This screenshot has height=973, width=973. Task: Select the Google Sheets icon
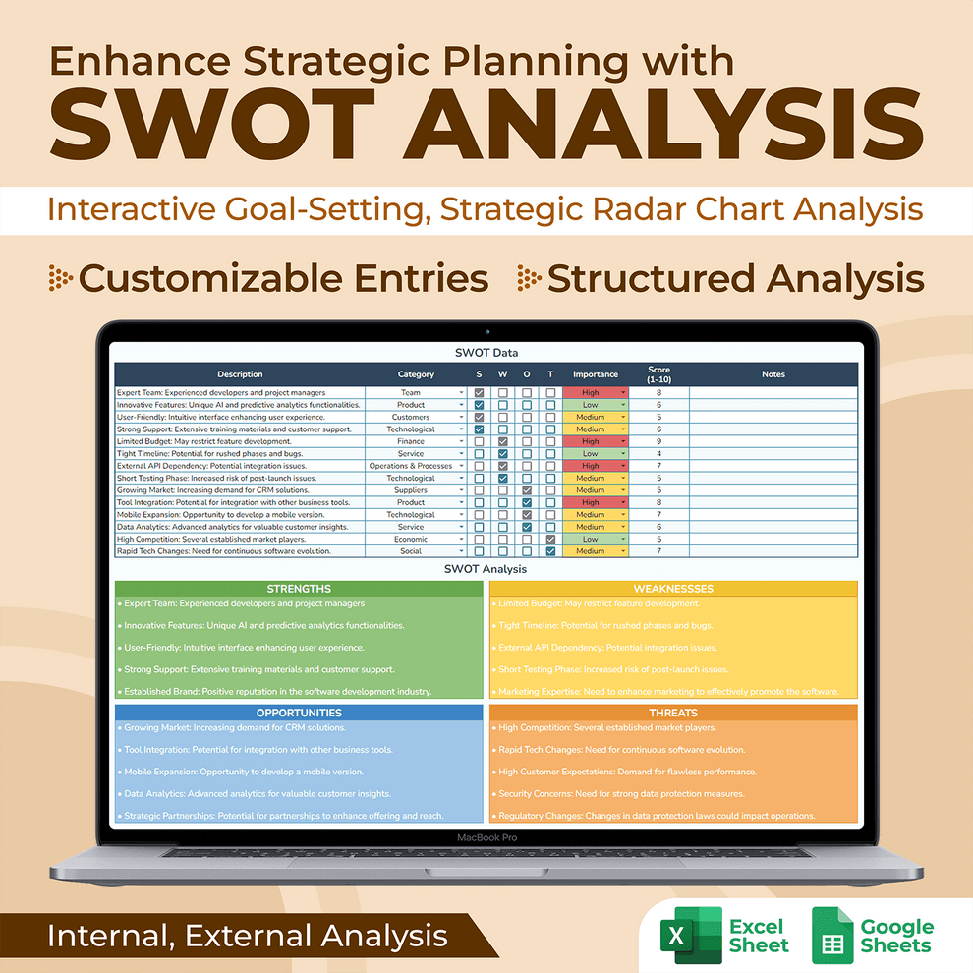[x=831, y=935]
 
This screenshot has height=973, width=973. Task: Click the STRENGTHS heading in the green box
[x=299, y=589]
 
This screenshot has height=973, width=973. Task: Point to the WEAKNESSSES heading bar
[x=673, y=589]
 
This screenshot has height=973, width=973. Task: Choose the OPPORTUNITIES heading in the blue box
[x=299, y=713]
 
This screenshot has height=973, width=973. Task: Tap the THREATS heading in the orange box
[x=673, y=713]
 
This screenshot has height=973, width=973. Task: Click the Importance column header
[x=596, y=374]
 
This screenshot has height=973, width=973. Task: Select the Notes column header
[x=773, y=374]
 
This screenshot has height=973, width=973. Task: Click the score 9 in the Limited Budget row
[x=658, y=441]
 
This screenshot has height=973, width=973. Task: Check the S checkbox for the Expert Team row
[x=479, y=393]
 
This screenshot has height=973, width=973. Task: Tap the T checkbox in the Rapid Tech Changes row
[x=550, y=551]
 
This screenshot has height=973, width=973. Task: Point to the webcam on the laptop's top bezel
[x=486, y=332]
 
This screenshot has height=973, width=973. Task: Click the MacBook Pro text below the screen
[x=486, y=837]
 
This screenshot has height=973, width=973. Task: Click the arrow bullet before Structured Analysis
[x=529, y=278]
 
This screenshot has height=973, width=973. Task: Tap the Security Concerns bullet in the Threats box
[x=620, y=794]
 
